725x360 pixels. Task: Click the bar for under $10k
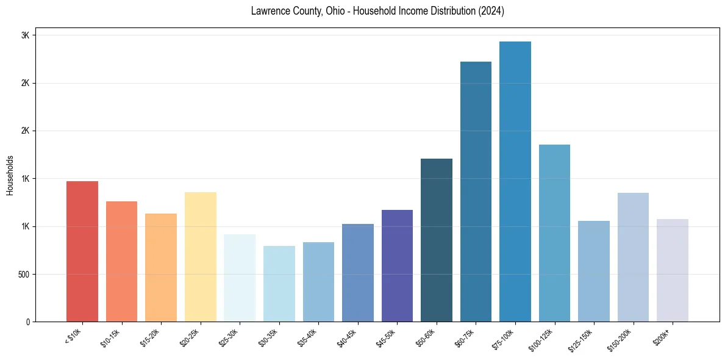[x=82, y=251]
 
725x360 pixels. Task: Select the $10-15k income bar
[x=121, y=261]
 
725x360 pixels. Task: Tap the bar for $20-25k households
[x=200, y=257]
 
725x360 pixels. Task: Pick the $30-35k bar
[x=279, y=284]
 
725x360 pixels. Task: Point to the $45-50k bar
[x=397, y=265]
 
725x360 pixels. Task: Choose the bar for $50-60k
[x=437, y=240]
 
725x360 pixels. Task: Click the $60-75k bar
[x=476, y=192]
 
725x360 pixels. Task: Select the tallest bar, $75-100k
[x=515, y=181]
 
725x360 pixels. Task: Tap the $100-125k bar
[x=554, y=233]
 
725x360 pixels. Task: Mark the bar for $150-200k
[x=633, y=257]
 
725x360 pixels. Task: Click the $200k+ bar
[x=673, y=270]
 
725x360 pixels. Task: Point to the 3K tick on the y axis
[x=26, y=35]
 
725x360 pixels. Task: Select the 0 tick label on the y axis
[x=28, y=322]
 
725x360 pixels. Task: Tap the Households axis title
[x=10, y=175]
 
